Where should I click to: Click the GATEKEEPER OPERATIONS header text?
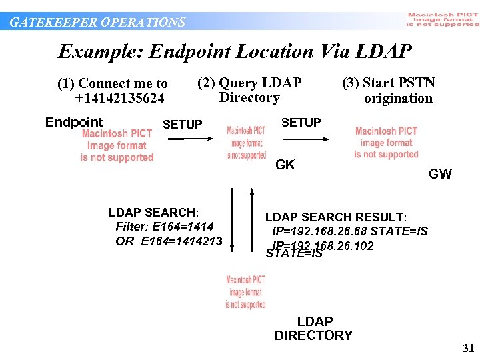pyautogui.click(x=97, y=22)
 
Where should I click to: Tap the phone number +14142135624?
pyautogui.click(x=121, y=99)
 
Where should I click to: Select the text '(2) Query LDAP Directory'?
pyautogui.click(x=249, y=90)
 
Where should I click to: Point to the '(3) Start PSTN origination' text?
pyautogui.click(x=389, y=91)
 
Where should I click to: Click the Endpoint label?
pyautogui.click(x=74, y=122)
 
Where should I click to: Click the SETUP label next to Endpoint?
pyautogui.click(x=182, y=125)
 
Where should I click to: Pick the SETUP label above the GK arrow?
pyautogui.click(x=301, y=123)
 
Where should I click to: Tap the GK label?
pyautogui.click(x=285, y=165)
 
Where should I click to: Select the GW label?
pyautogui.click(x=440, y=175)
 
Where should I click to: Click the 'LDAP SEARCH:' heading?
pyautogui.click(x=153, y=213)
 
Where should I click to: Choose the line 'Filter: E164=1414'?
pyautogui.click(x=165, y=227)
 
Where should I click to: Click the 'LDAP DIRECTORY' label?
pyautogui.click(x=313, y=329)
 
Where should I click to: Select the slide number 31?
pyautogui.click(x=467, y=349)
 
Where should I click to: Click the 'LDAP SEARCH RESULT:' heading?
pyautogui.click(x=336, y=217)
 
